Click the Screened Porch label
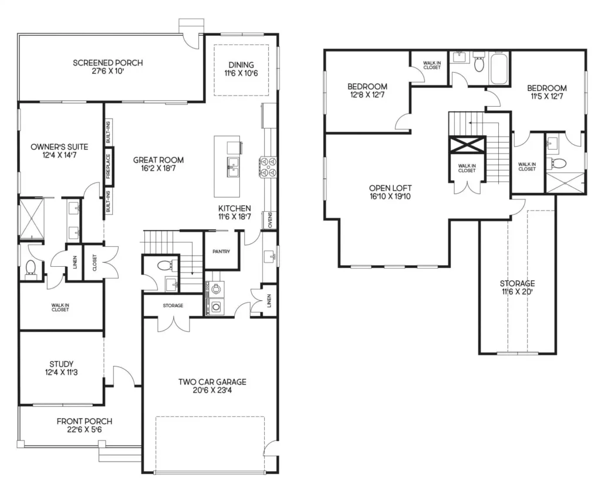pyautogui.click(x=108, y=63)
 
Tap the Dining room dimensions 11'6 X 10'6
pyautogui.click(x=241, y=73)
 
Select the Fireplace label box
pyautogui.click(x=108, y=166)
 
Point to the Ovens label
pyautogui.click(x=270, y=220)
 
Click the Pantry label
pyautogui.click(x=221, y=252)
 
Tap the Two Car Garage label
pyautogui.click(x=212, y=382)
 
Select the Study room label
pyautogui.click(x=61, y=364)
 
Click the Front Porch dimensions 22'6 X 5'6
pyautogui.click(x=85, y=430)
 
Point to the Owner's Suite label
pyautogui.click(x=59, y=147)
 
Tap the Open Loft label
pyautogui.click(x=390, y=188)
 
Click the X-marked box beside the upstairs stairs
pyautogui.click(x=467, y=144)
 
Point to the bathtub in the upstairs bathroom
pyautogui.click(x=499, y=69)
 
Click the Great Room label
pyautogui.click(x=158, y=159)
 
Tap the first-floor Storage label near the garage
pyautogui.click(x=173, y=306)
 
